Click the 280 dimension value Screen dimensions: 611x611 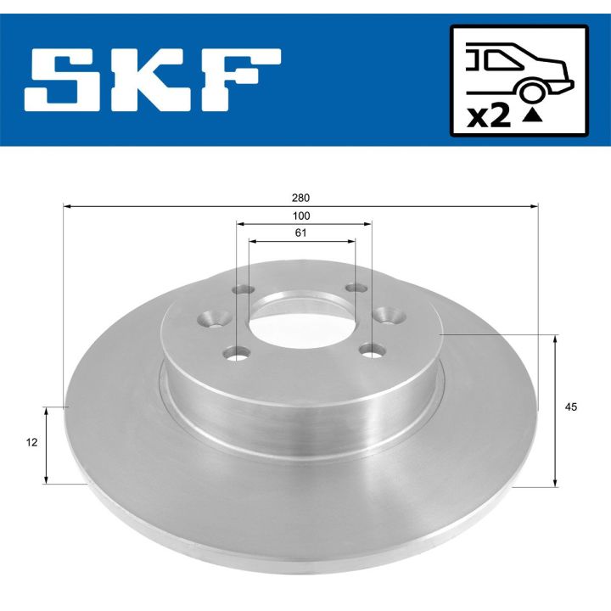click(x=301, y=197)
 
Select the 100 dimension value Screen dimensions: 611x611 click(x=301, y=216)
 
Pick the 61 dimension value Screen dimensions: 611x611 click(x=301, y=233)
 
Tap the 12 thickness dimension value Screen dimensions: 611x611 click(x=32, y=442)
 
